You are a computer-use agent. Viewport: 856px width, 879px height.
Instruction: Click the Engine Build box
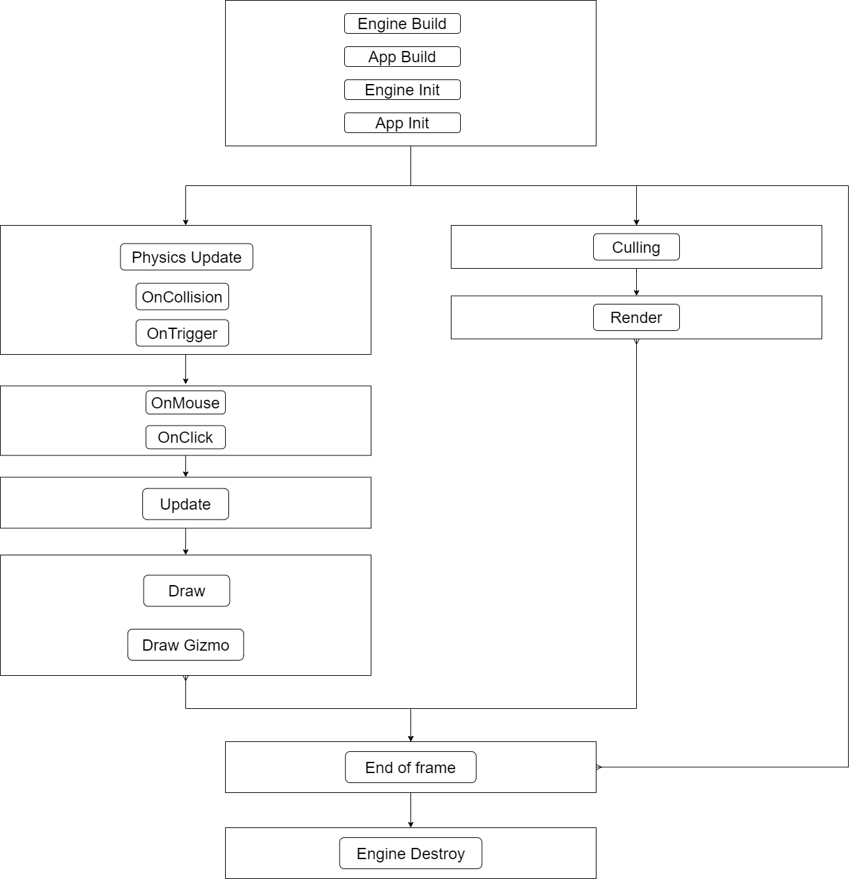(x=402, y=24)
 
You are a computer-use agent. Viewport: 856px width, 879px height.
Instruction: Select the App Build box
(x=402, y=57)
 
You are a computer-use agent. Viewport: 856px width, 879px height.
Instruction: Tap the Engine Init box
(x=402, y=90)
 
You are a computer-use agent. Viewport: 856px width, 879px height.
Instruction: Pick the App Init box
(x=402, y=123)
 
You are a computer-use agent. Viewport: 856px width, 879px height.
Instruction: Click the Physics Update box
(x=186, y=257)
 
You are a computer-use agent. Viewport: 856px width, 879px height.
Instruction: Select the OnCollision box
(x=182, y=297)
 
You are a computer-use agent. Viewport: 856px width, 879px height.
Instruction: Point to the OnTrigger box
(x=182, y=333)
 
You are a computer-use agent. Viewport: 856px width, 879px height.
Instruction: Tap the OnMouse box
(x=185, y=402)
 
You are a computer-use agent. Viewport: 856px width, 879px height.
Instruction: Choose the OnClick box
(x=185, y=437)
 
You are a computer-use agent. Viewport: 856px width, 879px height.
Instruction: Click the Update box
(x=185, y=504)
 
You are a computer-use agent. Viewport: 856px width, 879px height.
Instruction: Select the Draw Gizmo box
(x=185, y=645)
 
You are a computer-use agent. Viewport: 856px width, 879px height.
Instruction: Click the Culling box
(x=636, y=247)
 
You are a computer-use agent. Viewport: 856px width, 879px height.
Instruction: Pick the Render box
(x=636, y=318)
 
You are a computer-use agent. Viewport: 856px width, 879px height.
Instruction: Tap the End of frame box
(x=410, y=767)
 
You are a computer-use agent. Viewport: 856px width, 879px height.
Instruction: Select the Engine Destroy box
(x=410, y=853)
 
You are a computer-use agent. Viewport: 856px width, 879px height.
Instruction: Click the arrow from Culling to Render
(x=636, y=282)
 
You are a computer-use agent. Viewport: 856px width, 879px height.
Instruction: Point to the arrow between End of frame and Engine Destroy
(x=410, y=810)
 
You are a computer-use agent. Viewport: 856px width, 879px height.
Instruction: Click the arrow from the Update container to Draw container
(x=185, y=541)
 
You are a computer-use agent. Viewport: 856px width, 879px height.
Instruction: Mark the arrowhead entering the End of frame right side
(x=599, y=767)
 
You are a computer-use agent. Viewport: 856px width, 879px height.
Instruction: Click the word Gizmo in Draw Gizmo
(x=206, y=645)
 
